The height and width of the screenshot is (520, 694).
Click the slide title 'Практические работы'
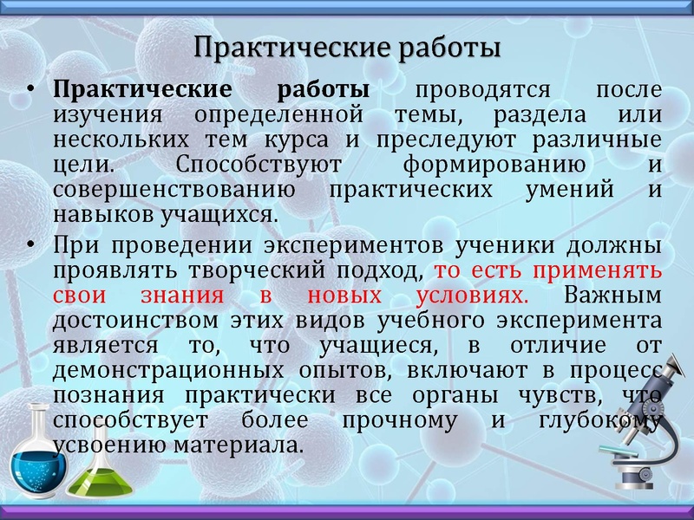tap(347, 47)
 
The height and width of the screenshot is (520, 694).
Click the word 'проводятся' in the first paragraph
tap(483, 90)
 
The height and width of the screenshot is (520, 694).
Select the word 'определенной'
tap(278, 114)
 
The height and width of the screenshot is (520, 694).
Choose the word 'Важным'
tap(612, 296)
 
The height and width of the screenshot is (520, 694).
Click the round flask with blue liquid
tap(36, 460)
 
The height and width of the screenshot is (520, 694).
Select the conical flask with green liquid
tap(94, 472)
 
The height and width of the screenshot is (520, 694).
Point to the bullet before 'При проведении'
tap(30, 246)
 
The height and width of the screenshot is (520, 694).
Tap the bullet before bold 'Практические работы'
tap(30, 91)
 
